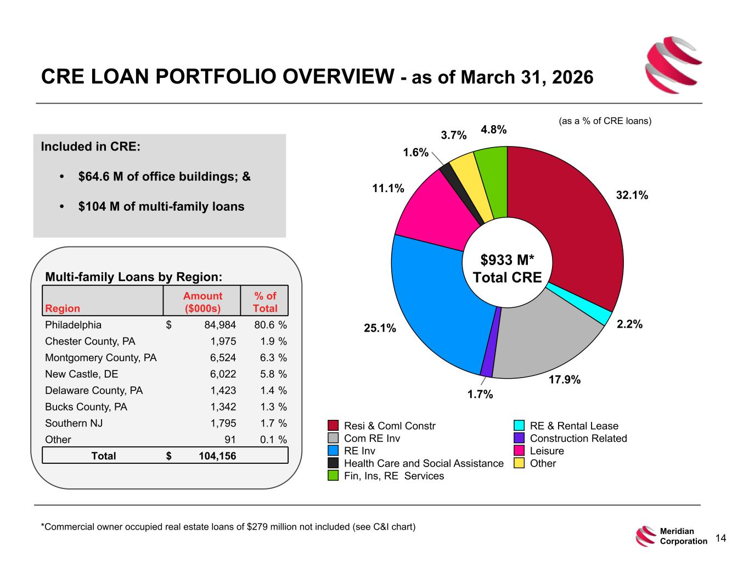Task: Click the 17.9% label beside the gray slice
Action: coord(565,380)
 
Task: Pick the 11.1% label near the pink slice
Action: coord(388,188)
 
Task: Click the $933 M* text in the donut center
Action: coord(507,260)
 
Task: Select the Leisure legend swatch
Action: coord(519,451)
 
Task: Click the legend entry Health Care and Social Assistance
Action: coord(424,463)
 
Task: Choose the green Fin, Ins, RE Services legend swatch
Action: coord(333,476)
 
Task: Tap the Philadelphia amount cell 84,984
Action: coord(220,325)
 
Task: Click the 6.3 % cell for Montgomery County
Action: coord(273,358)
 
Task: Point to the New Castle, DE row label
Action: coord(82,374)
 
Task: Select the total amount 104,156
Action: coord(217,456)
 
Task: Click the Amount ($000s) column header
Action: coord(202,302)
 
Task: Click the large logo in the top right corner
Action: coord(673,65)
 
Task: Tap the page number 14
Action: coord(720,538)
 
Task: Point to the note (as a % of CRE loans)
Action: coord(605,121)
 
